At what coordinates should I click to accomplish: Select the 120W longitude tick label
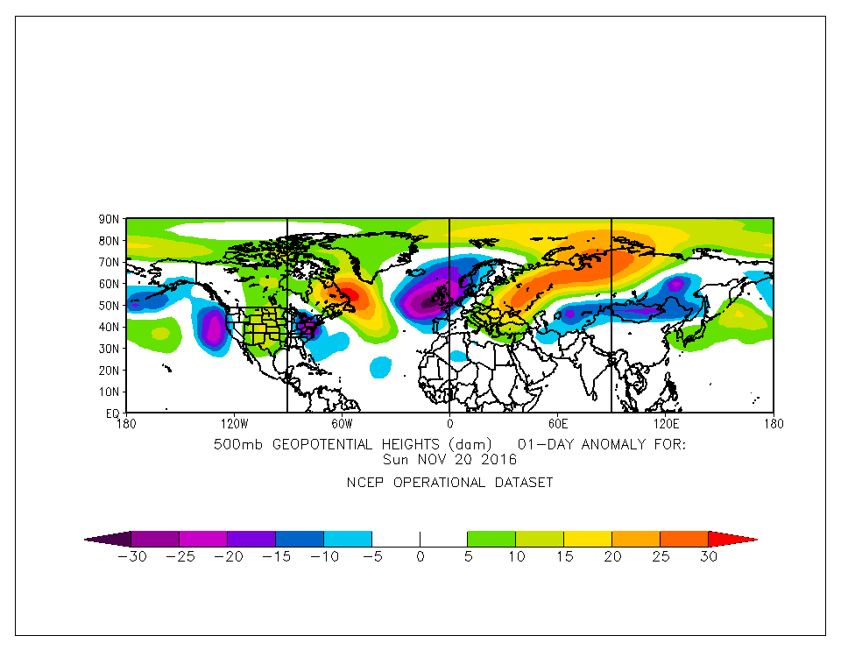pyautogui.click(x=234, y=423)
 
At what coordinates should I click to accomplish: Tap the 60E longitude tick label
pyautogui.click(x=557, y=423)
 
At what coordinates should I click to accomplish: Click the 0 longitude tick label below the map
pyautogui.click(x=449, y=423)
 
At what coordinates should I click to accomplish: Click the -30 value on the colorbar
pyautogui.click(x=131, y=556)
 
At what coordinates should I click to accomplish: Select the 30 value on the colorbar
pyautogui.click(x=708, y=556)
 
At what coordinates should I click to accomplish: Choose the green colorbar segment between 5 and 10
pyautogui.click(x=491, y=539)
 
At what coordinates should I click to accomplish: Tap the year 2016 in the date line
pyautogui.click(x=499, y=459)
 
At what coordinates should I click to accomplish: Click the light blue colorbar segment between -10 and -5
pyautogui.click(x=348, y=539)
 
